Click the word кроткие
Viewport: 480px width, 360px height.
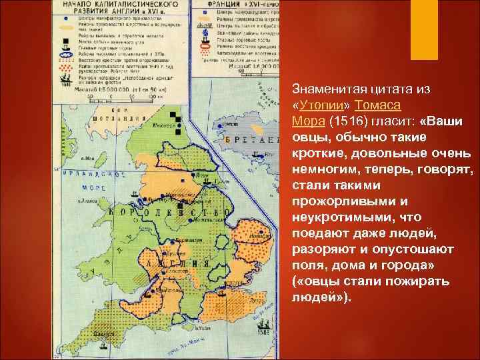pos(317,153)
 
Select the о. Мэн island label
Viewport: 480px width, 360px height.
pos(89,159)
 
